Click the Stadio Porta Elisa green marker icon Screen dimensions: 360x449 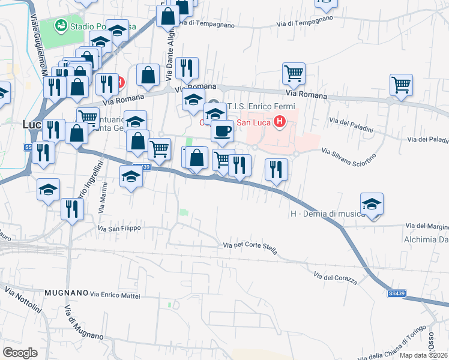pos(61,25)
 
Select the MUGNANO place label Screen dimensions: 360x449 pos(65,292)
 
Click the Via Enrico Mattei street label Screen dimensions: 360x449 pos(119,294)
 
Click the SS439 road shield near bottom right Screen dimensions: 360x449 pos(396,293)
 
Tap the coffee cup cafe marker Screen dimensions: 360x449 pos(222,130)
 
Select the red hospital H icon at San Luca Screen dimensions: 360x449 pos(279,124)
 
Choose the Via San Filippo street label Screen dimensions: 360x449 pos(119,229)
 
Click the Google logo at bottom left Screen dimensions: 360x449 pos(20,352)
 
